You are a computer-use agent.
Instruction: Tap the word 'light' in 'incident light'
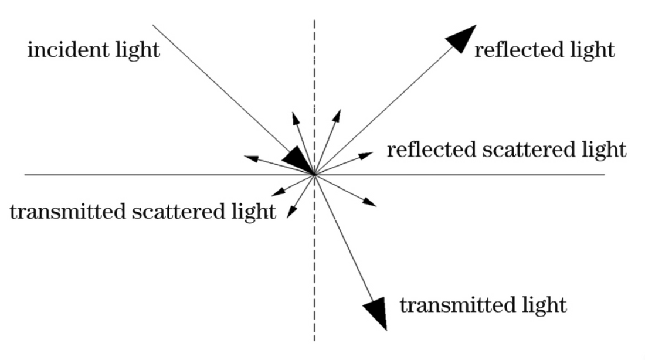coord(135,50)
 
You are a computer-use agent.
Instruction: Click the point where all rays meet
coord(314,175)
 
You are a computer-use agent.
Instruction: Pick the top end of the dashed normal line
coord(315,21)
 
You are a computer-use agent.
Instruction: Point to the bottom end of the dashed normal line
coord(315,340)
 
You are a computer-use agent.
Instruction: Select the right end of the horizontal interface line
coord(604,175)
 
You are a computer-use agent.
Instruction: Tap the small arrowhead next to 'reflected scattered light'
coord(366,155)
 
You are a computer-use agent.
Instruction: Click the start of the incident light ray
coord(153,25)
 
